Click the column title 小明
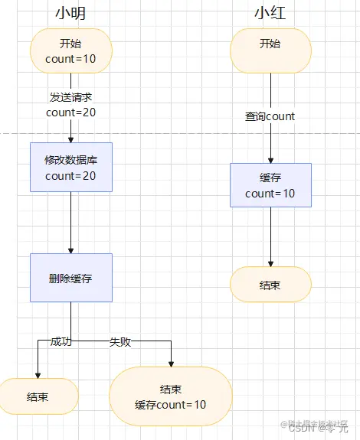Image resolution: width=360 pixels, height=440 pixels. [70, 13]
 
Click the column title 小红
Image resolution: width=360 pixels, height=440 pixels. [270, 13]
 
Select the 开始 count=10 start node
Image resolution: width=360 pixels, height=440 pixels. [71, 51]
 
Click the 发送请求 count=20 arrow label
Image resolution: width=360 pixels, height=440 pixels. [71, 105]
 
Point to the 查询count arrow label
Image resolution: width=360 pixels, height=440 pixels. [270, 116]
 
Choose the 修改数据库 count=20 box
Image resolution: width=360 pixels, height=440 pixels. [71, 167]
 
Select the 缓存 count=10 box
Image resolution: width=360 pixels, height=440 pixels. [270, 185]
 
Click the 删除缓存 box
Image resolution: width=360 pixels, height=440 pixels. [71, 278]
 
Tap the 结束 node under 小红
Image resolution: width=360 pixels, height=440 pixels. [270, 285]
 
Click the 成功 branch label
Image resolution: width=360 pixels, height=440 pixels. [61, 341]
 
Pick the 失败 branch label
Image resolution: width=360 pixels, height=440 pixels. [120, 341]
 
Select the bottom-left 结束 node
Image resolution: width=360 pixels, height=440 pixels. [38, 396]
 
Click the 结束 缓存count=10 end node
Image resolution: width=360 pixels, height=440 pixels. [171, 396]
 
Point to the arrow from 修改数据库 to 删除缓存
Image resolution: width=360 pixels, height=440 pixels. [71, 222]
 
